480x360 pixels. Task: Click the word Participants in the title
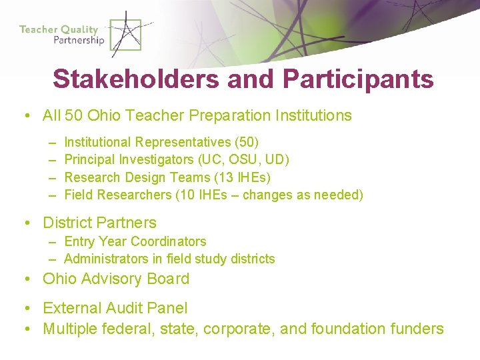point(358,79)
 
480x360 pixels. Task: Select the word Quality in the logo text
point(79,29)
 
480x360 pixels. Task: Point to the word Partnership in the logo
point(79,40)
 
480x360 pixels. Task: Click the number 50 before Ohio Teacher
point(74,115)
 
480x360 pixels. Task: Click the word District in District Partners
point(67,223)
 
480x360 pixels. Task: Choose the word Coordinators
point(169,241)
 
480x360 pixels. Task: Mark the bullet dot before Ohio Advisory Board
point(26,279)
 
